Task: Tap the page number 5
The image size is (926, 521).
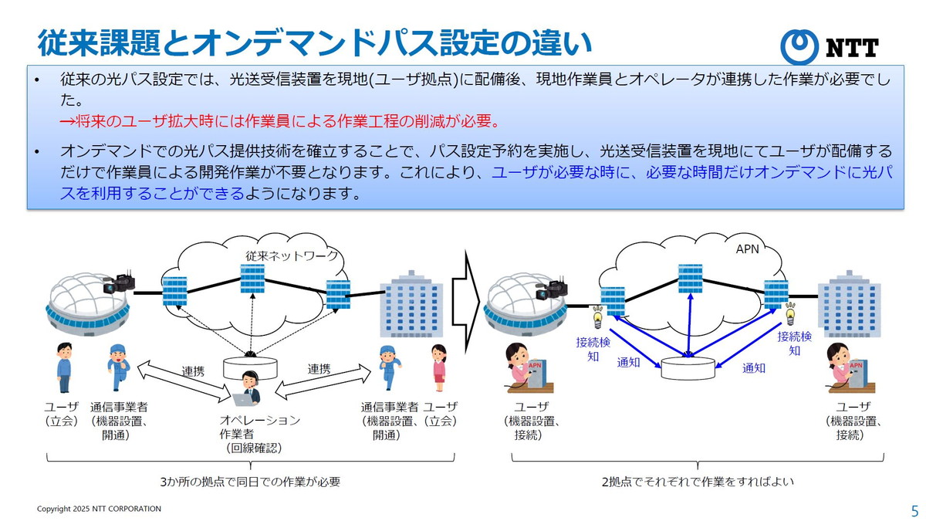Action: point(914,511)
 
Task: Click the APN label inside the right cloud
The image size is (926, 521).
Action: point(748,249)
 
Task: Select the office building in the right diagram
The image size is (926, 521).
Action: point(850,305)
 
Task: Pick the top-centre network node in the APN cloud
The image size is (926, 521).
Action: point(690,279)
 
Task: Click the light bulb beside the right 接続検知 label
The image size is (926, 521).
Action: point(789,313)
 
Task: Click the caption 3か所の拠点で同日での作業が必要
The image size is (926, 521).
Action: point(250,482)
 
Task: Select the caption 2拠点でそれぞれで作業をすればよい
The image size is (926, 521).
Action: point(698,482)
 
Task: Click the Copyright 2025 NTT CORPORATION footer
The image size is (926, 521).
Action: point(100,509)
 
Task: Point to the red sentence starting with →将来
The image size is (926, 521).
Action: point(281,121)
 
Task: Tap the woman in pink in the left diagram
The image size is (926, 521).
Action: point(439,368)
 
